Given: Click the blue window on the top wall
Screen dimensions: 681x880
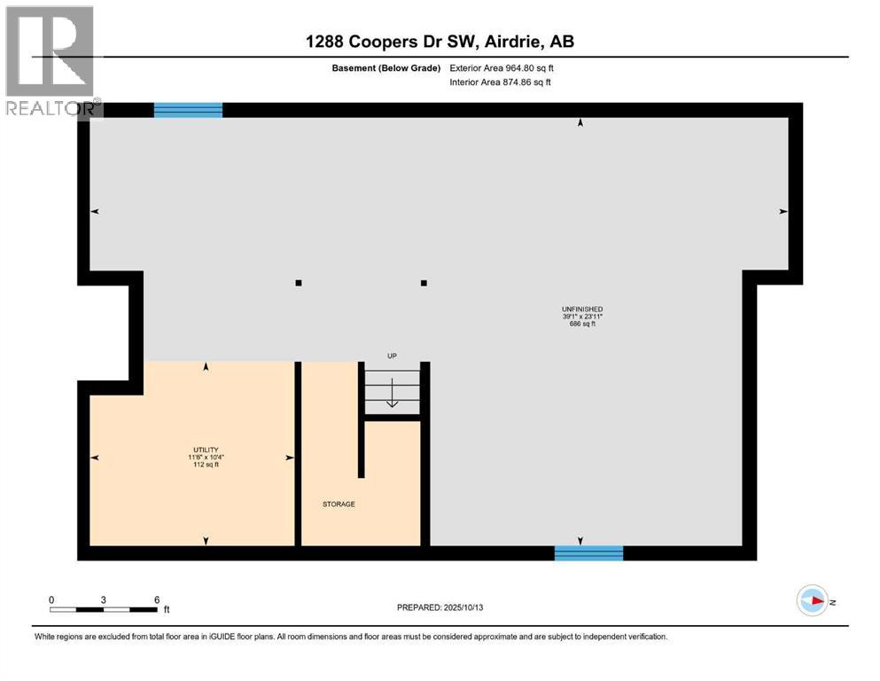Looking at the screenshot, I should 188,110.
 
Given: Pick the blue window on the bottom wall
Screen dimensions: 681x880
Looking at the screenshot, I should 588,553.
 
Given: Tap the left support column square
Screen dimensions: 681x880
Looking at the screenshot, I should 299,284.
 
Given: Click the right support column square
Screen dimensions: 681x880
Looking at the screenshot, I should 424,284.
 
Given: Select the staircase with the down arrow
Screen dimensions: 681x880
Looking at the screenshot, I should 392,390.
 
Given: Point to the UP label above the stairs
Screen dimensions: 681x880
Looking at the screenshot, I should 392,356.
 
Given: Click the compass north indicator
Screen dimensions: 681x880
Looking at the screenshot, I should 813,600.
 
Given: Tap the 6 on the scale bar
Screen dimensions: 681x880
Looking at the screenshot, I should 156,599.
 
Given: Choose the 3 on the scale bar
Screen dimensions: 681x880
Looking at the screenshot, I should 104,599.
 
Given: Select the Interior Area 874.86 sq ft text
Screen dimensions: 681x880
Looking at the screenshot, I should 500,82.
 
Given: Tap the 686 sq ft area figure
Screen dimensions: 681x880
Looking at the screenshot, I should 582,324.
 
